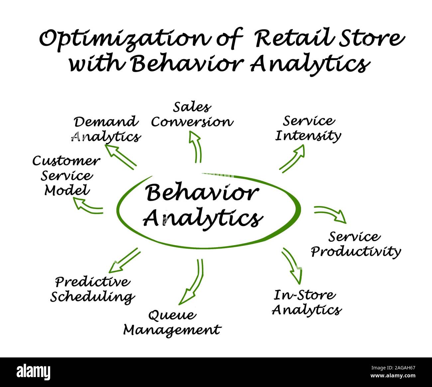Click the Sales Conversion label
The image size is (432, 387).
point(192,115)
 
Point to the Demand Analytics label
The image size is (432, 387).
point(106,129)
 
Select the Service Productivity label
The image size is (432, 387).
point(356,244)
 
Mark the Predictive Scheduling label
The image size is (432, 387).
point(92,289)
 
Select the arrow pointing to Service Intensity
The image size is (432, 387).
point(292,159)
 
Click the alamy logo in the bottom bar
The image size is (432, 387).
point(34,372)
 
